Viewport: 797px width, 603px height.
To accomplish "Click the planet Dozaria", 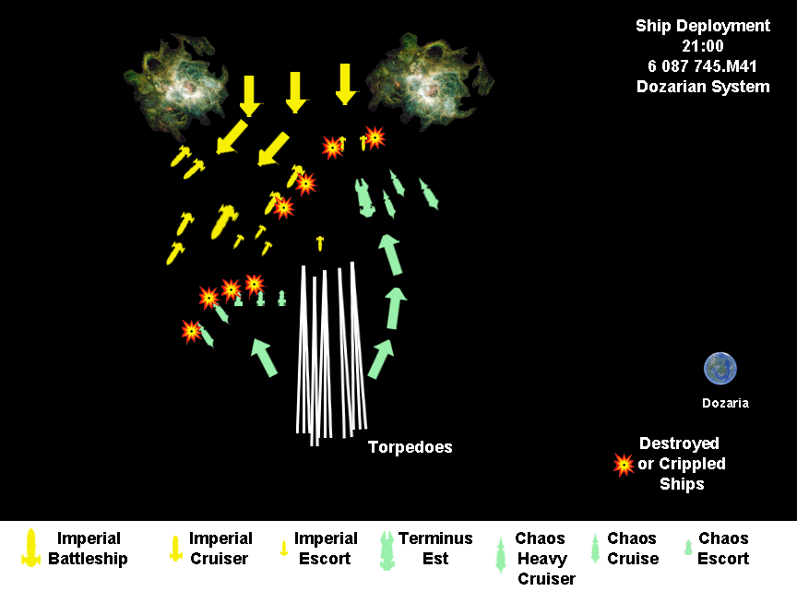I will coord(720,369).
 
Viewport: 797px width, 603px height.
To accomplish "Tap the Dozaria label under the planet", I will coord(725,403).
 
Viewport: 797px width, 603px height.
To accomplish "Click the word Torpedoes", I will coord(410,447).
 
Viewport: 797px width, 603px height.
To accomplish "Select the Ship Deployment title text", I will coord(702,26).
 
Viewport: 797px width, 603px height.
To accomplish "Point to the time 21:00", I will coord(702,46).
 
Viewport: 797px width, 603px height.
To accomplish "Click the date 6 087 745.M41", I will coord(702,66).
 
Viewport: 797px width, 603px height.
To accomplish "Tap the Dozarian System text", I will coord(702,87).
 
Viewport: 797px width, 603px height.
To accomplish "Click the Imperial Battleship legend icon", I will coord(31,549).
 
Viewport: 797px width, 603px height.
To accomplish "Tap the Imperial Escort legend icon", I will coord(284,548).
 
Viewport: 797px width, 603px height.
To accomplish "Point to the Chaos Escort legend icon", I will coord(687,548).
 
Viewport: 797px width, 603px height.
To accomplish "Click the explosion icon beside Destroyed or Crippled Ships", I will coord(624,464).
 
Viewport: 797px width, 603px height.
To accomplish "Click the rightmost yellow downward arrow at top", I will coord(345,84).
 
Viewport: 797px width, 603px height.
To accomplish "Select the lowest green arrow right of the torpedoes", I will coord(380,358).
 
